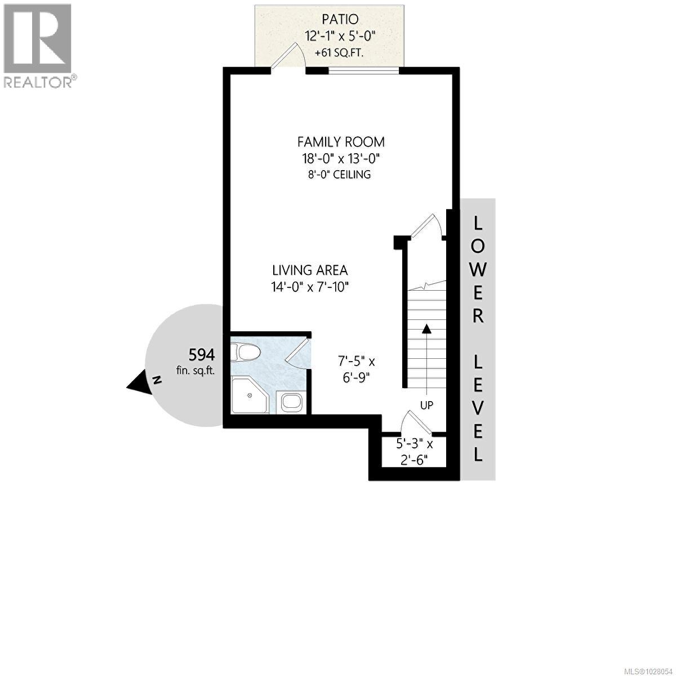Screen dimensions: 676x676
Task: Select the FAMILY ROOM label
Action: (x=341, y=141)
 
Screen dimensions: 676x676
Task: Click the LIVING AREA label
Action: (x=310, y=270)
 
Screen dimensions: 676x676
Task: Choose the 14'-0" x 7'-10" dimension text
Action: (x=310, y=287)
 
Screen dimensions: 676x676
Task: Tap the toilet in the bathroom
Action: (x=248, y=353)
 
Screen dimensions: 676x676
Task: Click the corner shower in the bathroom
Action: (x=248, y=395)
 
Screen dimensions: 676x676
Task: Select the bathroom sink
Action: (x=292, y=402)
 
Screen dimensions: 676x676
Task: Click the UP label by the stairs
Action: (x=426, y=404)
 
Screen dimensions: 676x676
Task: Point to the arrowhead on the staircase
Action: (x=426, y=328)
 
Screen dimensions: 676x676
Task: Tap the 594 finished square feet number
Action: (x=202, y=355)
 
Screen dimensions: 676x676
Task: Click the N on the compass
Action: (x=157, y=380)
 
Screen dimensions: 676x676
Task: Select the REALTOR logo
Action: (x=38, y=45)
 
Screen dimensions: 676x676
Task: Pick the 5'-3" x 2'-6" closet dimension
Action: (x=414, y=451)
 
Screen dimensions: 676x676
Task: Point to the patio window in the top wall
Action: (x=364, y=70)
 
